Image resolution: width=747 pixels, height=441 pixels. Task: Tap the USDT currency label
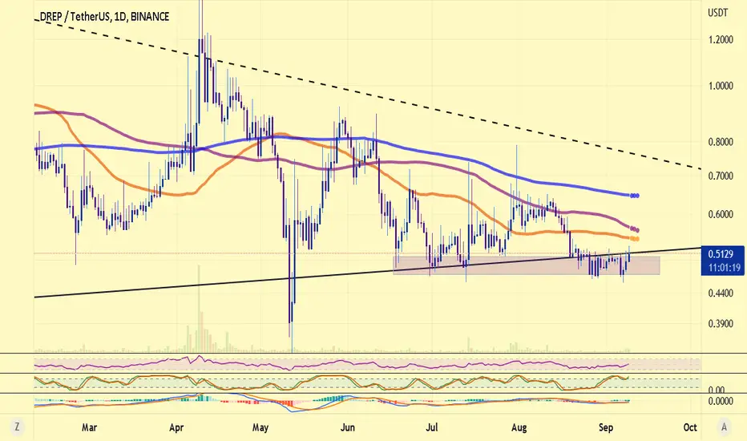pyautogui.click(x=718, y=13)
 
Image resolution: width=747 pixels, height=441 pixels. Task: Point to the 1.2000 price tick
pyautogui.click(x=721, y=39)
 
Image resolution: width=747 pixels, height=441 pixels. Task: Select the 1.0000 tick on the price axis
pyautogui.click(x=721, y=86)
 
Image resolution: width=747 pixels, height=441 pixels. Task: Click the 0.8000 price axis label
pyautogui.click(x=721, y=142)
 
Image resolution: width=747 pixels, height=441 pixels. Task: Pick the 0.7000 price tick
pyautogui.click(x=721, y=176)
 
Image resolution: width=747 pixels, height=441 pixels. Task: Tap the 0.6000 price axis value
pyautogui.click(x=721, y=215)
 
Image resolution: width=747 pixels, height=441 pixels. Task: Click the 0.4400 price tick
pyautogui.click(x=721, y=293)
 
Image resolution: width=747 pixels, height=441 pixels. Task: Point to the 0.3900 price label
pyautogui.click(x=721, y=324)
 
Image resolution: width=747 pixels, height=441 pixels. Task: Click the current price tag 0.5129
pyautogui.click(x=721, y=254)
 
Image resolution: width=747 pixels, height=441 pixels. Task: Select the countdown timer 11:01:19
pyautogui.click(x=724, y=268)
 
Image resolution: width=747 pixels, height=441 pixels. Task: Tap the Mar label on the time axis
pyautogui.click(x=89, y=427)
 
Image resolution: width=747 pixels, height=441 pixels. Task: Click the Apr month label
pyautogui.click(x=176, y=427)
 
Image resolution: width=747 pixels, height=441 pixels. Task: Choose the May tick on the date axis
pyautogui.click(x=260, y=427)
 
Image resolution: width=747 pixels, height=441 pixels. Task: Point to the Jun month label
pyautogui.click(x=348, y=427)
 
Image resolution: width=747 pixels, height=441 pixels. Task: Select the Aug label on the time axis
pyautogui.click(x=519, y=427)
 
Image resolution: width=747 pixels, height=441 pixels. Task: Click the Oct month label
pyautogui.click(x=690, y=427)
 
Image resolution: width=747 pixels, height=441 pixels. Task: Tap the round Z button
pyautogui.click(x=17, y=427)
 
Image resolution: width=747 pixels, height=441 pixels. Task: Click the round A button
pyautogui.click(x=724, y=427)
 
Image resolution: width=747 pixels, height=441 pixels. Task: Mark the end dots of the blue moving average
pyautogui.click(x=634, y=196)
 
